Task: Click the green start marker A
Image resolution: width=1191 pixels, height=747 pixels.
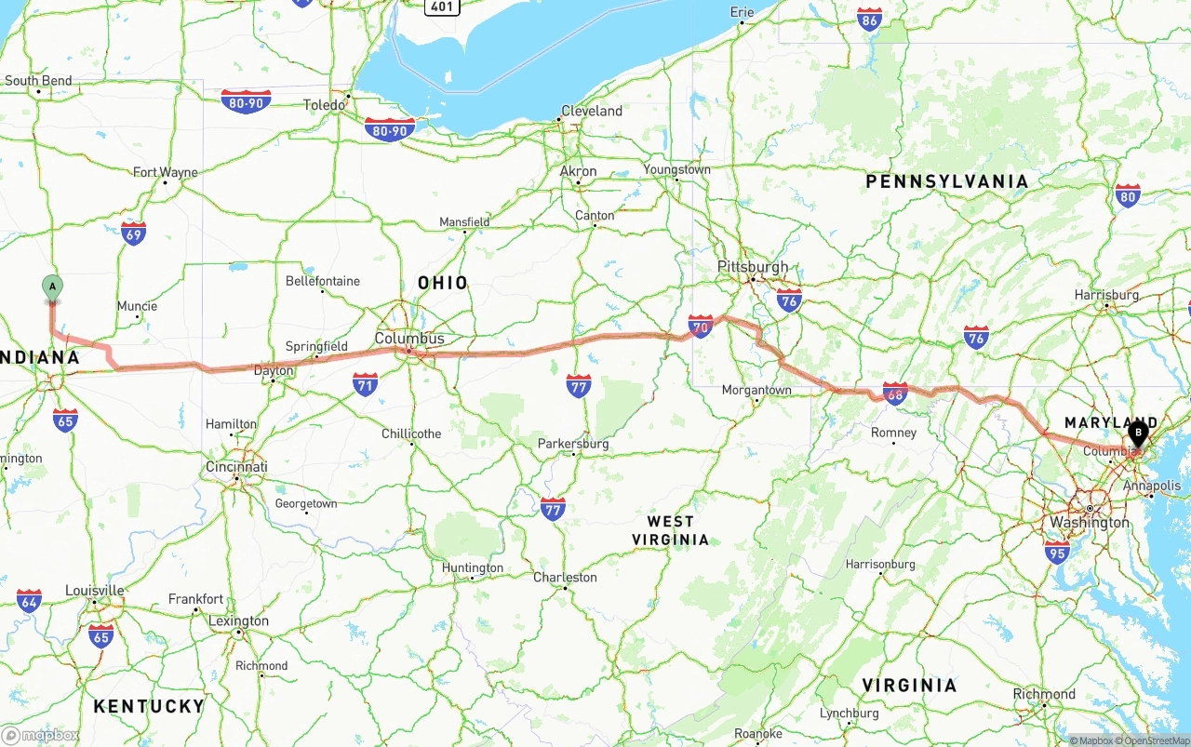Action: coord(52,287)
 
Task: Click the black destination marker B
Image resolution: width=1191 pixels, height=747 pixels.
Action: coord(1137,433)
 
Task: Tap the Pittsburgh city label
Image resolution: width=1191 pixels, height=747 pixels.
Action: coord(752,267)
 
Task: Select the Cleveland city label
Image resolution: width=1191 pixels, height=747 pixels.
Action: coord(592,111)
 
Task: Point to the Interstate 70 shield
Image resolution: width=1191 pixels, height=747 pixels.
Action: coord(701,326)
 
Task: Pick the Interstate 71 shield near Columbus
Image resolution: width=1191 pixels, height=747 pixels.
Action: coord(365,384)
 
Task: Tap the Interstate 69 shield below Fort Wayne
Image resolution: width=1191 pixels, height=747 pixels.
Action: coord(134,233)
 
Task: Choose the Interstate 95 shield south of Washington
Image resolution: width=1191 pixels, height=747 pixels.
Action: coord(1057,553)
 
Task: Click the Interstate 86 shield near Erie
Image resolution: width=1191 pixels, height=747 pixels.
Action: coord(869,20)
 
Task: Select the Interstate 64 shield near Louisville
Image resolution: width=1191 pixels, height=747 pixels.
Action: coord(29,600)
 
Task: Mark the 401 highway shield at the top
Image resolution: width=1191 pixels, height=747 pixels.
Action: coord(443,7)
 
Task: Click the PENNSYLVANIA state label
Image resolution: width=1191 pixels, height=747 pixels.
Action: coord(947,181)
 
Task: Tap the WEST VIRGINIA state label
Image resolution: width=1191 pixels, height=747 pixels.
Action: coord(670,530)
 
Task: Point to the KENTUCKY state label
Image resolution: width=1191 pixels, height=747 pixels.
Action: coord(149,706)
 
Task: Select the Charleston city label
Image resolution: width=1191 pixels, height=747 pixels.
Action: coord(565,577)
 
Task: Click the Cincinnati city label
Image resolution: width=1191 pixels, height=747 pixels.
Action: coord(236,466)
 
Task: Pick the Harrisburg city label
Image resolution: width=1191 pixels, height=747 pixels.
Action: coord(1106,295)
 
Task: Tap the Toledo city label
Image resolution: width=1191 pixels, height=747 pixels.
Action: coord(324,105)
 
